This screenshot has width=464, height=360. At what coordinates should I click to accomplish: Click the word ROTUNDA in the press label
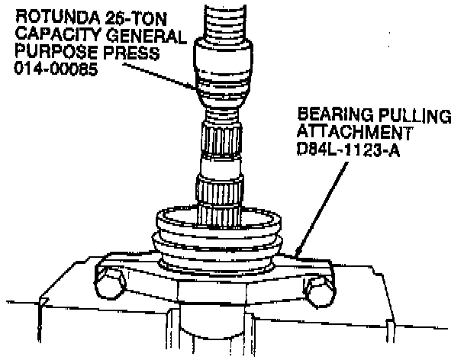57,18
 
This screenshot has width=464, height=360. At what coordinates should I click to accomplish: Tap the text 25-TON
137,18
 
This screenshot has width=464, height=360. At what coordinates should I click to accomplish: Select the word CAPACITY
57,35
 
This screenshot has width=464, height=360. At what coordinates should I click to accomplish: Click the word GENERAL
146,36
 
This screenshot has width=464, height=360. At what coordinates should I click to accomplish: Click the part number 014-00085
56,69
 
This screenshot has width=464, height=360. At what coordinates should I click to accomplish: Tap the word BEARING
335,114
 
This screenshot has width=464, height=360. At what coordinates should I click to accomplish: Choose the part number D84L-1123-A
348,149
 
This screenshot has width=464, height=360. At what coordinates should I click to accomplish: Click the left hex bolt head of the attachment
110,283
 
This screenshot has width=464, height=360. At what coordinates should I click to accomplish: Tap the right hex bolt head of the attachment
320,291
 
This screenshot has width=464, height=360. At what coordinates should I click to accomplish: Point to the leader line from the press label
159,76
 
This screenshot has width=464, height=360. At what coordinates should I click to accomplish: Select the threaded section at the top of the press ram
225,22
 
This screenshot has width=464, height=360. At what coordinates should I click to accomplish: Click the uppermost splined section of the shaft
222,138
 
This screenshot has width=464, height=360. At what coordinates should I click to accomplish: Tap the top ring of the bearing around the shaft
219,219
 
